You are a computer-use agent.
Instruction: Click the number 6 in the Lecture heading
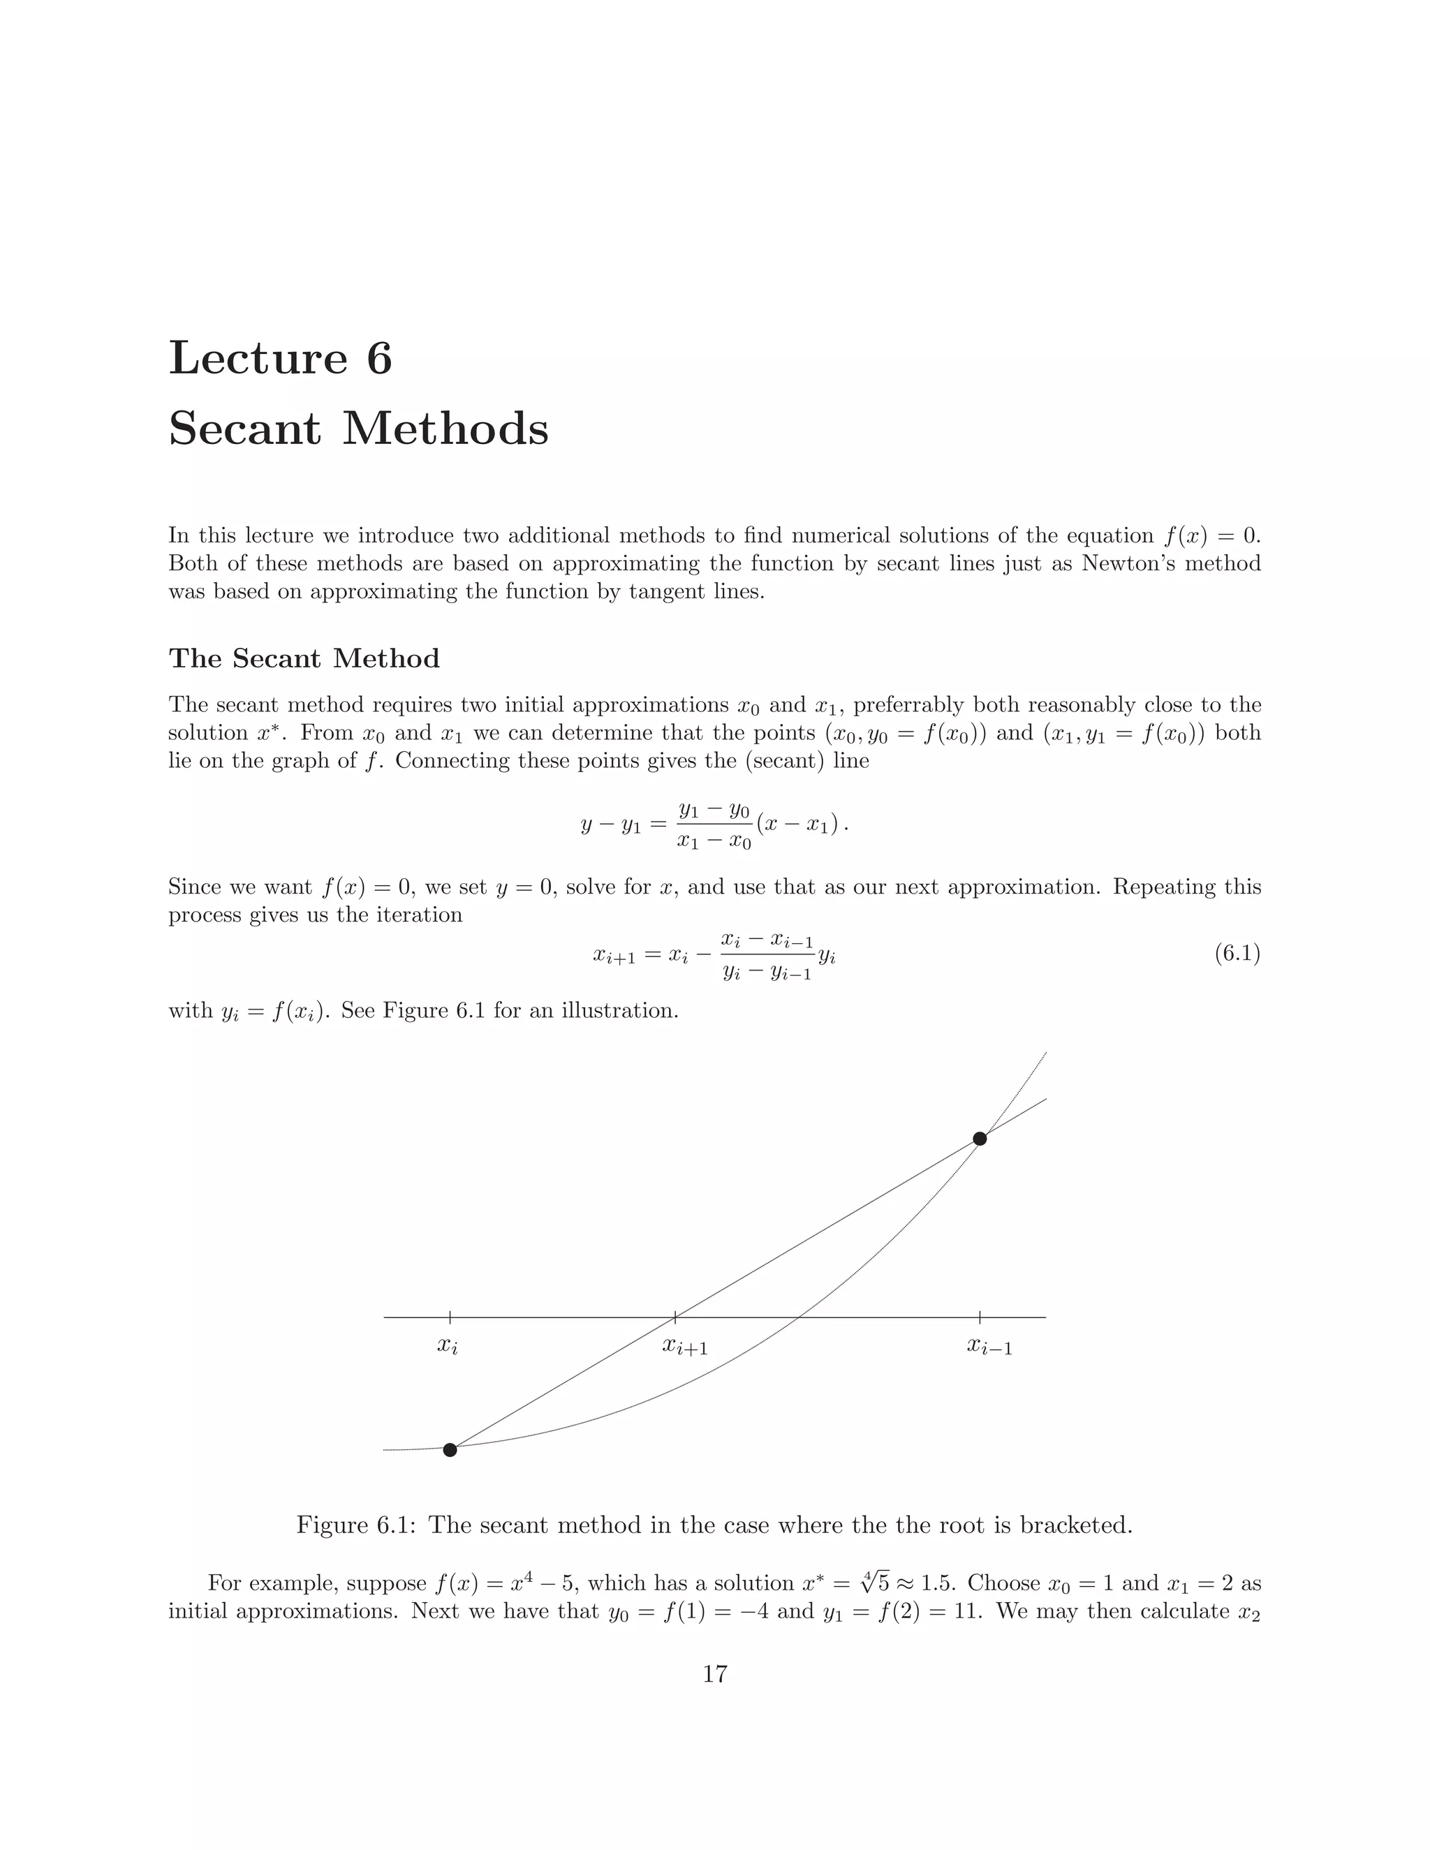(378, 358)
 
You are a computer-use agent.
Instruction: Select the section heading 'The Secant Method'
(304, 658)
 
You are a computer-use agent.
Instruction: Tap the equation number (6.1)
(1237, 954)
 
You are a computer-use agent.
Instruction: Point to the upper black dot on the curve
(980, 1139)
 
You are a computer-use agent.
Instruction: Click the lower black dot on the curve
(450, 1450)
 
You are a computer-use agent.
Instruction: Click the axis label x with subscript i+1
(684, 1346)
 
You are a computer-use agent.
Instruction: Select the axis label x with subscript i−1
(989, 1346)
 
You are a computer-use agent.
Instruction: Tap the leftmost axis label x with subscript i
(448, 1346)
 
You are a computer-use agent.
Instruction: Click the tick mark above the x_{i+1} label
(675, 1317)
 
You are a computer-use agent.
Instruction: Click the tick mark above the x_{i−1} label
(980, 1317)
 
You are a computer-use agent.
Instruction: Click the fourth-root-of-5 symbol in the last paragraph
(874, 1583)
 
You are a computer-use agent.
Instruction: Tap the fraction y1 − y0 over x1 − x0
(714, 826)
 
